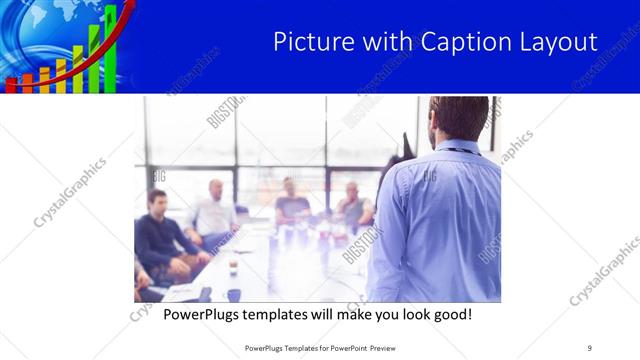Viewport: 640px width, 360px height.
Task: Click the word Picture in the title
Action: pos(310,42)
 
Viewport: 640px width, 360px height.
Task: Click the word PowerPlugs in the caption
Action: pos(206,314)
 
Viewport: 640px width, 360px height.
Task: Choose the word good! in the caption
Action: pos(448,314)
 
